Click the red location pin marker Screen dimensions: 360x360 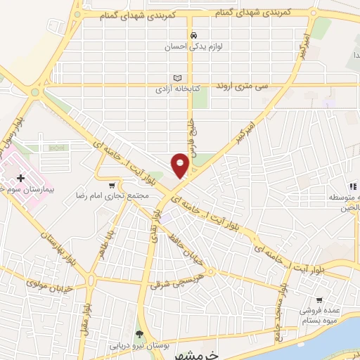[181, 165]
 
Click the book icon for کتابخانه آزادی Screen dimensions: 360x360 [177, 78]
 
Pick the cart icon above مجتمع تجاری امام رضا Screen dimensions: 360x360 [111, 184]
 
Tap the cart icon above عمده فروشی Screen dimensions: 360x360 [319, 299]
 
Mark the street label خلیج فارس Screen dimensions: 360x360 [191, 134]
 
